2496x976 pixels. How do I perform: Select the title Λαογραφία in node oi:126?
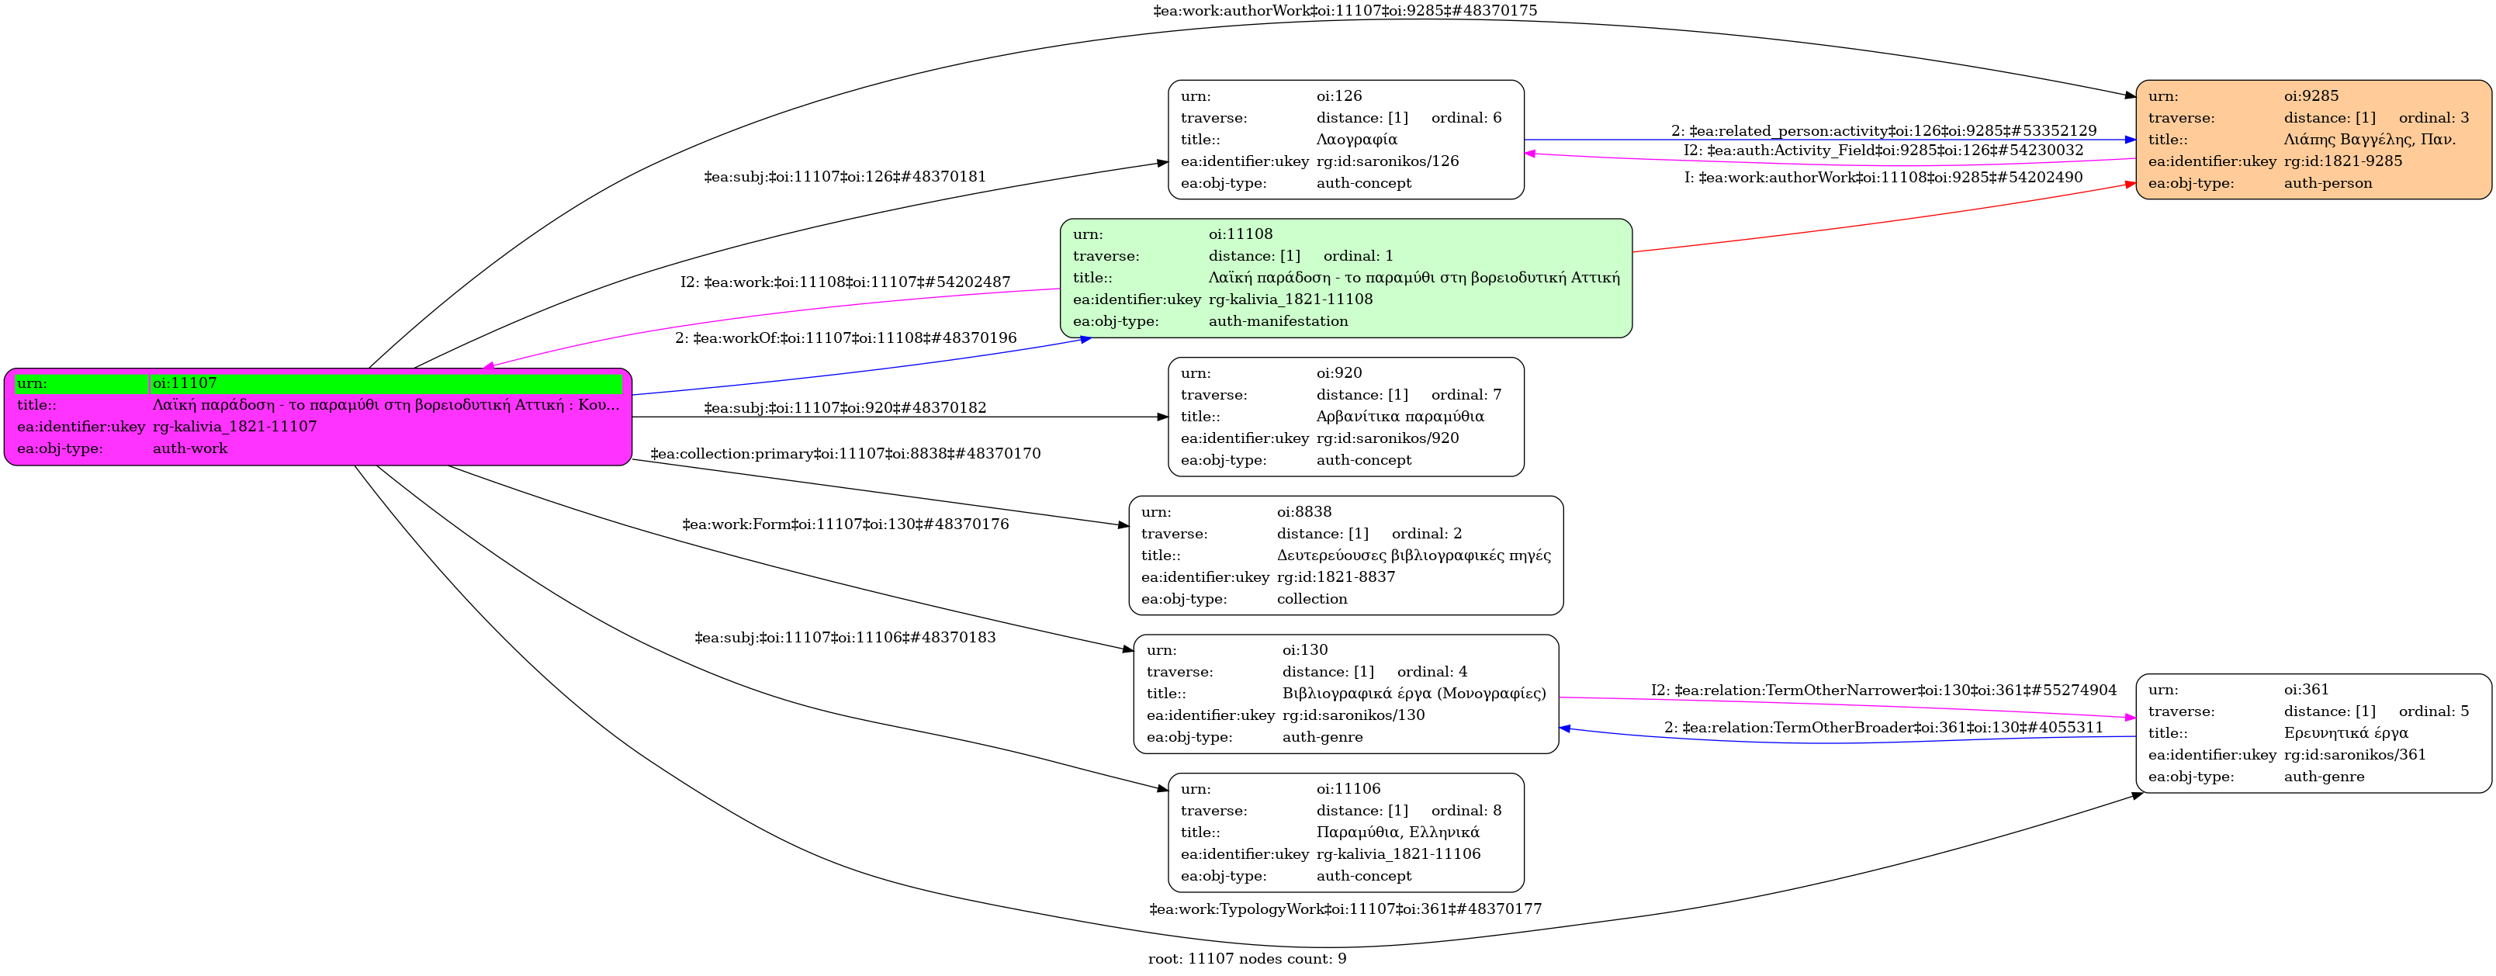point(1356,140)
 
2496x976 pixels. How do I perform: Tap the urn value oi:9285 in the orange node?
point(2311,96)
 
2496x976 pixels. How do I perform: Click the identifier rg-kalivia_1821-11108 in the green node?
point(1290,299)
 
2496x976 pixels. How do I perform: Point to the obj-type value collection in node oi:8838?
point(1311,599)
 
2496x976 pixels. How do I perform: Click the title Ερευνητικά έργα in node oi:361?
point(2345,732)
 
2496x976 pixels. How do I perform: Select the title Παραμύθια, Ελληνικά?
point(1397,832)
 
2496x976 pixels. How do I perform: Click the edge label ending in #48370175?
point(1344,11)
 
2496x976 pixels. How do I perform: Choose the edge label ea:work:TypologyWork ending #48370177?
point(1345,909)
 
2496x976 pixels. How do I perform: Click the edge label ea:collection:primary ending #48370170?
point(845,454)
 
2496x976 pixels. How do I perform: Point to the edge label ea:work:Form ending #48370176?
point(845,524)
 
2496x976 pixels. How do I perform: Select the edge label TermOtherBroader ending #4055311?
point(1882,728)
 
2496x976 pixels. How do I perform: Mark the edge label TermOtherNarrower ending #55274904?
point(1882,690)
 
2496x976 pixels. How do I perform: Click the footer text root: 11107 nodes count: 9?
point(1247,959)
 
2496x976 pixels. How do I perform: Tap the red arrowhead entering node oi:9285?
point(2130,183)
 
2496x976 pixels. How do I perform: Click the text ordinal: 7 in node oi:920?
point(1465,394)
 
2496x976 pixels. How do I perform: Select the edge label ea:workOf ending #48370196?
point(845,338)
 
